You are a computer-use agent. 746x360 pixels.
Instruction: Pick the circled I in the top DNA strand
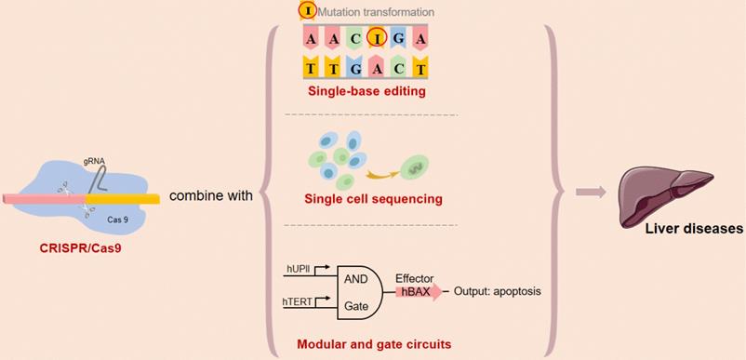[375, 38]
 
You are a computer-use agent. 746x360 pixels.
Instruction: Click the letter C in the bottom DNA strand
[397, 67]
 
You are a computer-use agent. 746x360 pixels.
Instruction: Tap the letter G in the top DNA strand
[397, 38]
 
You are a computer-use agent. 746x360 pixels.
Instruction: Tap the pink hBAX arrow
[418, 291]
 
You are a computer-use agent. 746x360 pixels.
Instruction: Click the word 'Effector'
[413, 277]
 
